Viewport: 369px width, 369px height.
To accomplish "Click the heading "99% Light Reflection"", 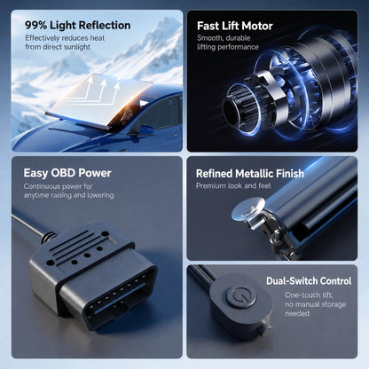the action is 78,26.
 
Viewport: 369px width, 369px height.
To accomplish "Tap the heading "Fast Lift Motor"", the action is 235,26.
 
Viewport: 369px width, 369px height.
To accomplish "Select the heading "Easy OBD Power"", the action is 67,173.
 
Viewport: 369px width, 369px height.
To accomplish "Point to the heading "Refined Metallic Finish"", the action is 250,174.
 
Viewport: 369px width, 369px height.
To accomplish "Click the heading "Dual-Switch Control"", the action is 309,281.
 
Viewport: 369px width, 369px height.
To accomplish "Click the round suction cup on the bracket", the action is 248,208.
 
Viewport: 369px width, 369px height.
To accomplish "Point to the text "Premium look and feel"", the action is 233,185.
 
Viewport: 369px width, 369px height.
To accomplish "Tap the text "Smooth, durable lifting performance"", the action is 228,43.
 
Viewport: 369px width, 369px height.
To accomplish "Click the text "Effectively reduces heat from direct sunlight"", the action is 65,43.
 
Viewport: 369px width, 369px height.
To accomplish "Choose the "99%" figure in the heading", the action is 35,26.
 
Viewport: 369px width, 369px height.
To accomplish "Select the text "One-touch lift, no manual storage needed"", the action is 315,304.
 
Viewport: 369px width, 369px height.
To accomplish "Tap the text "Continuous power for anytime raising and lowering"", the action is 68,191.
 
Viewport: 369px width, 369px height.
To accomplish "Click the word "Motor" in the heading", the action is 256,26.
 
